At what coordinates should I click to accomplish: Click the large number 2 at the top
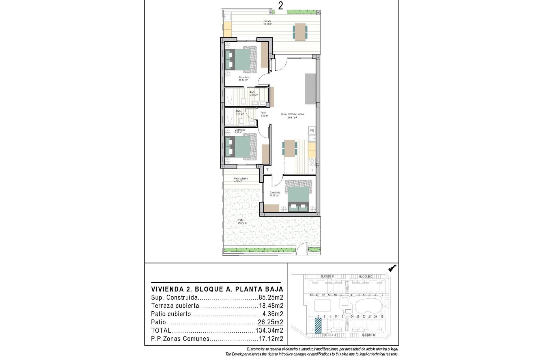280,6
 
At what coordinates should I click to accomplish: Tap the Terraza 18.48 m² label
267,23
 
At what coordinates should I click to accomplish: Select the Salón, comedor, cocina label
292,116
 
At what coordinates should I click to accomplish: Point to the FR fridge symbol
312,131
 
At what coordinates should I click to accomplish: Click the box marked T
267,170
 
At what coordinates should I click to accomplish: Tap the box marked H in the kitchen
312,170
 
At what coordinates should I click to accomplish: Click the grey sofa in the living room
310,89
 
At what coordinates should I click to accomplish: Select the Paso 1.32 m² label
264,114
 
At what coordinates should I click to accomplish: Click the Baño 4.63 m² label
253,94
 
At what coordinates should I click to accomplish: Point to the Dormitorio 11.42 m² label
244,79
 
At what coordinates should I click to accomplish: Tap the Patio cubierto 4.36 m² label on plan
241,180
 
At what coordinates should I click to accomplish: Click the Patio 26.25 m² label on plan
242,221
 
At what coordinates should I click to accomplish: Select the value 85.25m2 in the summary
271,298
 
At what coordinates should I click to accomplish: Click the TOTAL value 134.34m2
269,330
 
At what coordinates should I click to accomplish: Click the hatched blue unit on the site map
318,326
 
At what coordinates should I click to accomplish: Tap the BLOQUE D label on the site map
327,276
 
